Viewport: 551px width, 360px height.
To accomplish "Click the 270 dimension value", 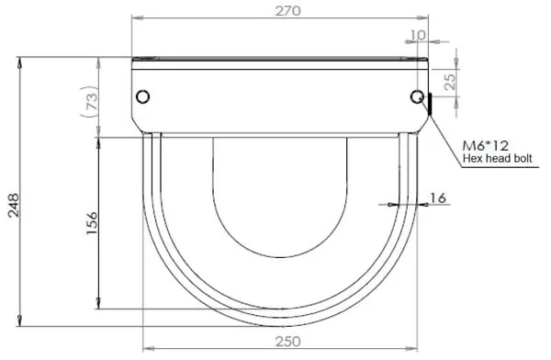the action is [287, 11].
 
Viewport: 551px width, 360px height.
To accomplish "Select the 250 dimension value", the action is [287, 342].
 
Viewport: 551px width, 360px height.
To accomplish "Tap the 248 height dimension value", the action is [14, 205].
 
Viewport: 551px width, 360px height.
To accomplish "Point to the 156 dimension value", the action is [92, 223].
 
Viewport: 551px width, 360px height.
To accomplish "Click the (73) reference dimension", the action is [90, 101].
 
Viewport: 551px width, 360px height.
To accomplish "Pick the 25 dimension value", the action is [449, 82].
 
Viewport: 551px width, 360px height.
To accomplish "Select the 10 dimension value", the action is [418, 35].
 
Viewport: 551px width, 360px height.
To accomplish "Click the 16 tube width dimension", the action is [438, 198].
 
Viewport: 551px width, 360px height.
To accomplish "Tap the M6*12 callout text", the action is [486, 145].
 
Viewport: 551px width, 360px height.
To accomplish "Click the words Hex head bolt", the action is [497, 158].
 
